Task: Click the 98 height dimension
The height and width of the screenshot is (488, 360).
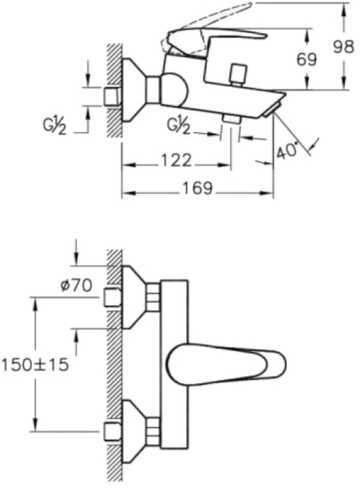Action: [x=343, y=46]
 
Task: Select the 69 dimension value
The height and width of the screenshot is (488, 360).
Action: [x=307, y=59]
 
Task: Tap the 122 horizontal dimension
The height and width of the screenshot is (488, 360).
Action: [x=176, y=160]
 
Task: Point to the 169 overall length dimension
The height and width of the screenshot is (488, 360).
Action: [x=197, y=188]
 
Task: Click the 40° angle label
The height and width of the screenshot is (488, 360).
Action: [x=286, y=151]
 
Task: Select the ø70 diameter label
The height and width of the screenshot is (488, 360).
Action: [x=76, y=285]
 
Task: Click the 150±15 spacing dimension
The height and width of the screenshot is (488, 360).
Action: [x=35, y=364]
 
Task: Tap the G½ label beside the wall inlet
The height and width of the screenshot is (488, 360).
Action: [x=54, y=126]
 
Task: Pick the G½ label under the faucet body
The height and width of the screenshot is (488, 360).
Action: [x=178, y=126]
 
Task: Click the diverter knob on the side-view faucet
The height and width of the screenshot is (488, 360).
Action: [x=239, y=75]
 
